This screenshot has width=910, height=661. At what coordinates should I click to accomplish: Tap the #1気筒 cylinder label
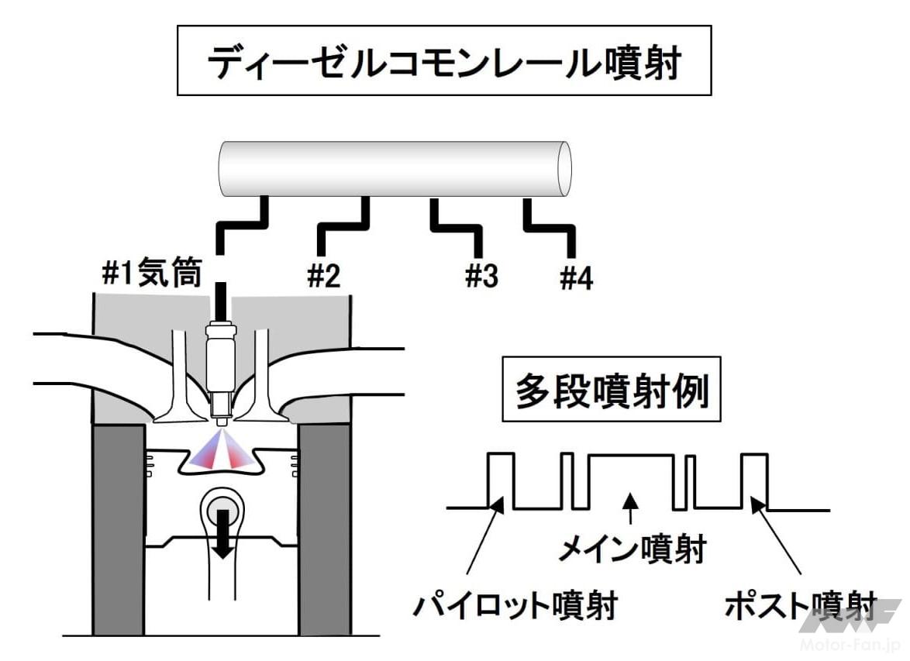coord(152,274)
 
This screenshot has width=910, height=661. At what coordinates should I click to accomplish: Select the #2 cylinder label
coord(324,276)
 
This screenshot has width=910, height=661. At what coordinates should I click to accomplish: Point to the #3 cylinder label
coord(481,276)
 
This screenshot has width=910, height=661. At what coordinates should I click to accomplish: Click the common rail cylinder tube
coord(395,169)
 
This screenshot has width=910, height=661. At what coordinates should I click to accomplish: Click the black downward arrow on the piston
coord(224,531)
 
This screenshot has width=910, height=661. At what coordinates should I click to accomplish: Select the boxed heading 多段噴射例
coord(612,391)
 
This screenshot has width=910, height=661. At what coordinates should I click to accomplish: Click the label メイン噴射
coord(633,551)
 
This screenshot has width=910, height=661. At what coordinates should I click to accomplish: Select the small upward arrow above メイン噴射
coord(633,508)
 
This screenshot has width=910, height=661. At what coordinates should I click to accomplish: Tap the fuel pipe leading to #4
coord(552,228)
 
